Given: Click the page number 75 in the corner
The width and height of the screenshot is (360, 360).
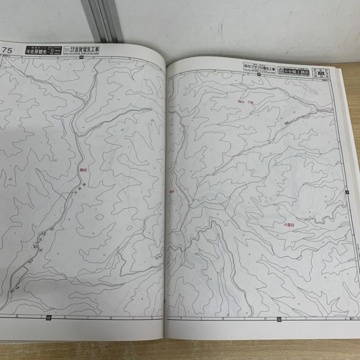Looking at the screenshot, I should [7, 49].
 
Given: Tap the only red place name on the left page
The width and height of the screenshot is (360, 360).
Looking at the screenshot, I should [83, 170].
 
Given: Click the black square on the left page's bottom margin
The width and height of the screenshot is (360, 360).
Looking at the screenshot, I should [48, 317].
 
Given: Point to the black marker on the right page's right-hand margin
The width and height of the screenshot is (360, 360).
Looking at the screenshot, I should [346, 191].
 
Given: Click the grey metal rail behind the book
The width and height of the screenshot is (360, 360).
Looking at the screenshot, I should [102, 20].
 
